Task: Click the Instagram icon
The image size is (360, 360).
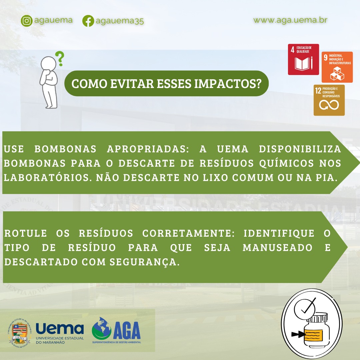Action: coord(27,21)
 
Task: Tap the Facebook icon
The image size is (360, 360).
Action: coord(88,21)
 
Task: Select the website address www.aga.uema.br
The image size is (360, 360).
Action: coord(290,20)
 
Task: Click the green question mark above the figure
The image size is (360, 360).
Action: coord(60,59)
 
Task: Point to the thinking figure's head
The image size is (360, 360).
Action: coord(48,63)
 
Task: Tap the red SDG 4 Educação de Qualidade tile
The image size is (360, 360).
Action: coord(303,59)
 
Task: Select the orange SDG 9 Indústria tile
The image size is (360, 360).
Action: coord(337,67)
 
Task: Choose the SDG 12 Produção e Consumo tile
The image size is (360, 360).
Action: coord(329,100)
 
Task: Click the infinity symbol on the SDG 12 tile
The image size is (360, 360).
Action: coord(329,105)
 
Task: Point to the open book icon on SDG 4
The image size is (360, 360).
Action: coord(302,64)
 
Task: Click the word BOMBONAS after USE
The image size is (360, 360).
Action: coord(65,149)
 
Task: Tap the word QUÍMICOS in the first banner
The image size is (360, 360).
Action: coord(287,163)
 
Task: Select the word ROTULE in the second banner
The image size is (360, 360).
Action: coord(26,233)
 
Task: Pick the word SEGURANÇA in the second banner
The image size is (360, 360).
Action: coord(145,262)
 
